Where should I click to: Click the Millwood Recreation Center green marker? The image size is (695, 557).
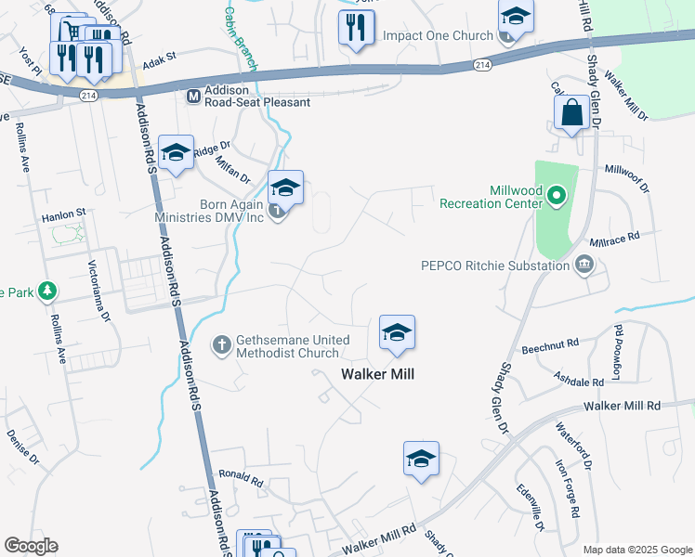pyautogui.click(x=557, y=195)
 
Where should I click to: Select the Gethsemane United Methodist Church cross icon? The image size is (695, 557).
pyautogui.click(x=222, y=345)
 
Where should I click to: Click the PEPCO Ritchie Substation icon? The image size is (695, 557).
pyautogui.click(x=584, y=266)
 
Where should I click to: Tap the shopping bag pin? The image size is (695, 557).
pyautogui.click(x=571, y=114)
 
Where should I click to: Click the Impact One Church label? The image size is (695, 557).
pyautogui.click(x=437, y=36)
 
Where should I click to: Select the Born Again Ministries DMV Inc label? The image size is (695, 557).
pyautogui.click(x=211, y=211)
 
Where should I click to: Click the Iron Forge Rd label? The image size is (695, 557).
pyautogui.click(x=568, y=488)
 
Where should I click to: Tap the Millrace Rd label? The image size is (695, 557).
pyautogui.click(x=621, y=237)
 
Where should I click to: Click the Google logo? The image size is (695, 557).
pyautogui.click(x=32, y=546)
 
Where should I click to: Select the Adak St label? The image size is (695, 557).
pyautogui.click(x=159, y=57)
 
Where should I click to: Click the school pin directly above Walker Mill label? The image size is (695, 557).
pyautogui.click(x=397, y=333)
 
